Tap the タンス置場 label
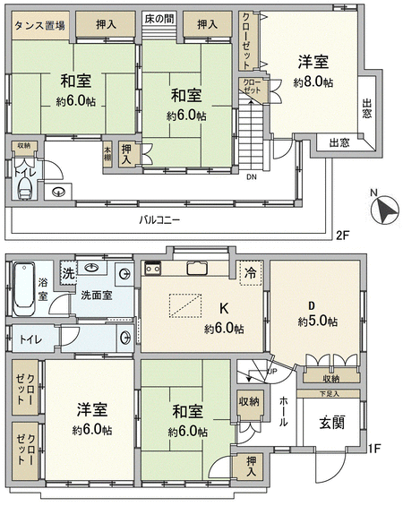[40, 25]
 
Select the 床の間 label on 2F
[159, 19]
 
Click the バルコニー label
[159, 220]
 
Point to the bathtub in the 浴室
[24, 288]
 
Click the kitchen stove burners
[152, 268]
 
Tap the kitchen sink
[197, 268]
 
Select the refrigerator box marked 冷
[251, 273]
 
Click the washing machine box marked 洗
[68, 273]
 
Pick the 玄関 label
[332, 423]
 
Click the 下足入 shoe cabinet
[328, 394]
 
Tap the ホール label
[283, 411]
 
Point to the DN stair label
[252, 176]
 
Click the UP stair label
[272, 372]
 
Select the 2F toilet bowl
[25, 190]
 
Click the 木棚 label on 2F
[107, 154]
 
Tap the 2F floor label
[343, 236]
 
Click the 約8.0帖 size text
[313, 82]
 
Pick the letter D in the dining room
[312, 305]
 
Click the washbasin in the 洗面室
[92, 268]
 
